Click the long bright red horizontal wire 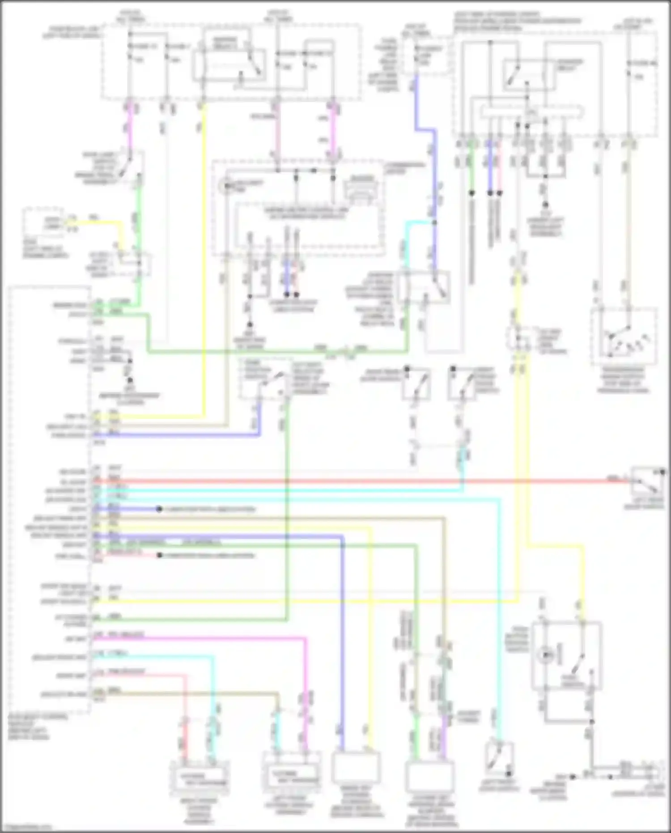[x=358, y=482]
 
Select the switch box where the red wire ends [x=648, y=482]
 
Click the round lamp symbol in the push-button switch [x=546, y=655]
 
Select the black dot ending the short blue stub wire [x=159, y=509]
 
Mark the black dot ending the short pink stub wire [x=159, y=555]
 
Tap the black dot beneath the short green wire [x=471, y=193]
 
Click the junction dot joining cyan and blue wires [x=433, y=222]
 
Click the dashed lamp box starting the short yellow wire [x=43, y=223]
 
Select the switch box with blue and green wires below [x=264, y=380]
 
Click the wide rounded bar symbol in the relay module [x=531, y=112]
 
